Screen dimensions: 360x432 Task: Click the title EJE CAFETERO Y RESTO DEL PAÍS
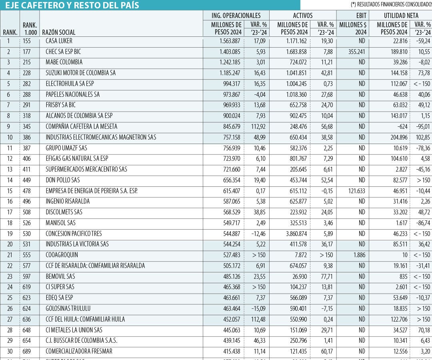click(72, 5)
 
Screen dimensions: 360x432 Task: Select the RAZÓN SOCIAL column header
click(58, 32)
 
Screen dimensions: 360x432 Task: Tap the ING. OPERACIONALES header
click(236, 16)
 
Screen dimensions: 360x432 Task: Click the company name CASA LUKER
click(59, 41)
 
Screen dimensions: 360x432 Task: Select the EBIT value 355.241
click(354, 52)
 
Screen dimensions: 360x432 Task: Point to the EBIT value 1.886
click(357, 255)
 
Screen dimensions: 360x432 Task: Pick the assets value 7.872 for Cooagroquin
click(300, 255)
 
